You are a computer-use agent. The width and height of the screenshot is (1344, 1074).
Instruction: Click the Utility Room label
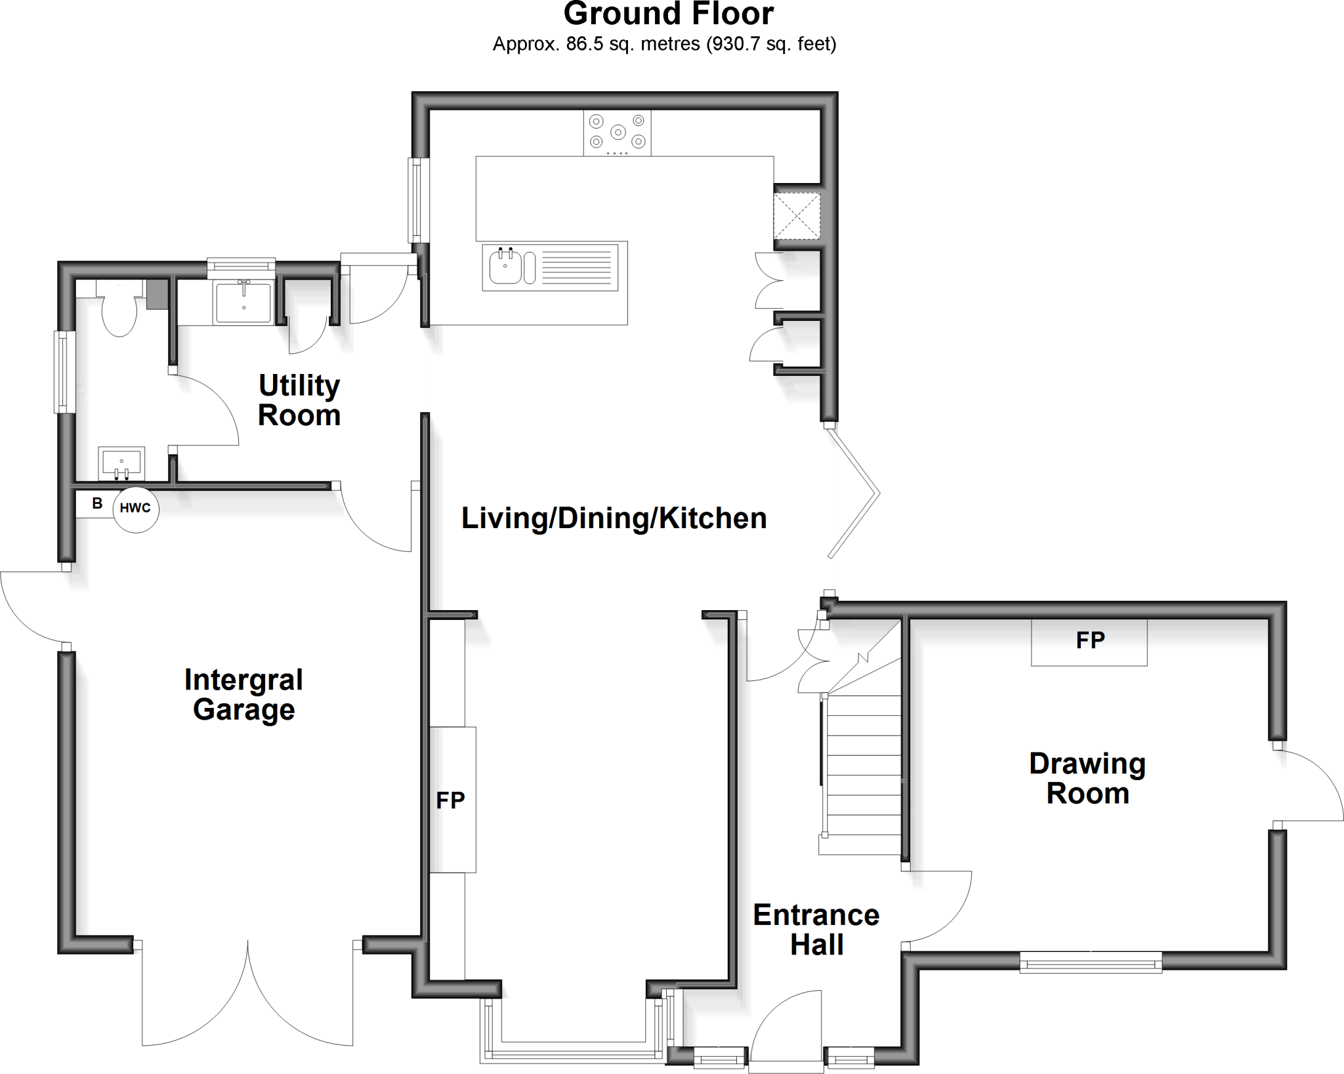[x=299, y=400]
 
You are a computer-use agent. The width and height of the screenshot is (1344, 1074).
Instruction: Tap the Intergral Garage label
[x=243, y=695]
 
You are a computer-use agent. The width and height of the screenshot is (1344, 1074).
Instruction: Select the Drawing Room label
[x=1087, y=778]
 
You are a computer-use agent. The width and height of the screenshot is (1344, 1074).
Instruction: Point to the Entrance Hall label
[x=816, y=930]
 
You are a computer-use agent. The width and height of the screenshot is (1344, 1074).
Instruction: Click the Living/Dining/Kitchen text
[x=614, y=518]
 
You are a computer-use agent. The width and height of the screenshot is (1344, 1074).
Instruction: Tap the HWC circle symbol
[x=136, y=508]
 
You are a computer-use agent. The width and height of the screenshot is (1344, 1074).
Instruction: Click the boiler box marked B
[x=96, y=504]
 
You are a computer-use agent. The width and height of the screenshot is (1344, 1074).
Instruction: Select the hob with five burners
[x=617, y=133]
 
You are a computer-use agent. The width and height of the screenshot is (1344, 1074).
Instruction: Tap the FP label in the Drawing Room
[x=1090, y=640]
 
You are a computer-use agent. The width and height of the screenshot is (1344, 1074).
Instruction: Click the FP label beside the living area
[x=451, y=800]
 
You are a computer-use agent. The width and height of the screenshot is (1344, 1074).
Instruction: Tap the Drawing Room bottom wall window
[x=1091, y=964]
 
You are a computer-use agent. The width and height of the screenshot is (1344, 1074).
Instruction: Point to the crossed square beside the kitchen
[x=797, y=215]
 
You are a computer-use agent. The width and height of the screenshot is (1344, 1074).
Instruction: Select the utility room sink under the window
[x=243, y=302]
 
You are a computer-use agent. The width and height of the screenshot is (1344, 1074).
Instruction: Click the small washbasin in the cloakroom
[x=121, y=463]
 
